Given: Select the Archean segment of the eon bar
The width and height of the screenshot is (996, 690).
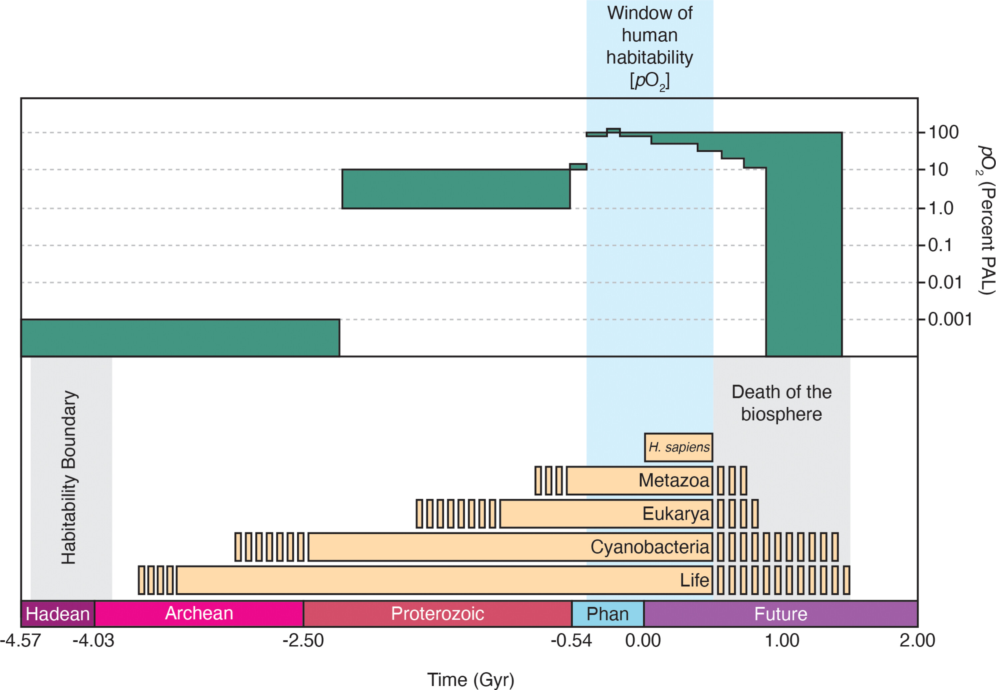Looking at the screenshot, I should (x=199, y=613).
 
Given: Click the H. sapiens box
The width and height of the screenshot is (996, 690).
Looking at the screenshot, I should (x=678, y=447).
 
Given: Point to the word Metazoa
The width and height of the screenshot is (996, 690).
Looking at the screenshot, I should (x=674, y=480).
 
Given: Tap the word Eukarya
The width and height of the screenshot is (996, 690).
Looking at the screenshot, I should (x=675, y=514).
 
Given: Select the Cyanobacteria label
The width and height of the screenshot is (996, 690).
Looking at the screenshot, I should (x=649, y=547).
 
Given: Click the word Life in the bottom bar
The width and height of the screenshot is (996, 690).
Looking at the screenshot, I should (x=694, y=580).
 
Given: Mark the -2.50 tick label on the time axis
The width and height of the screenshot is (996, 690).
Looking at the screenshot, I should (x=303, y=641).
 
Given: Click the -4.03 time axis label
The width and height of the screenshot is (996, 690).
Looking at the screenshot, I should (x=93, y=641).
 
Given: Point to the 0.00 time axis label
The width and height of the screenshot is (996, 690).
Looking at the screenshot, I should (x=643, y=641).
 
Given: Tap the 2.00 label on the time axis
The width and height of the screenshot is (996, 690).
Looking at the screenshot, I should (x=917, y=641).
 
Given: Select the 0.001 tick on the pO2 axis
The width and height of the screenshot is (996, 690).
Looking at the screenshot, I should (x=950, y=320).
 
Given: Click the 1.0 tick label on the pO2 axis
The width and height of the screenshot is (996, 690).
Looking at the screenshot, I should (x=941, y=208).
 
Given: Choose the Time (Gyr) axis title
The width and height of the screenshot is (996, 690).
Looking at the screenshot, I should (x=471, y=680).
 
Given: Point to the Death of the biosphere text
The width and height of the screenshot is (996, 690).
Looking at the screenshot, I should (x=781, y=403).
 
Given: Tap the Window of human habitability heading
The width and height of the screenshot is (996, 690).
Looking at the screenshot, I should (x=649, y=47).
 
